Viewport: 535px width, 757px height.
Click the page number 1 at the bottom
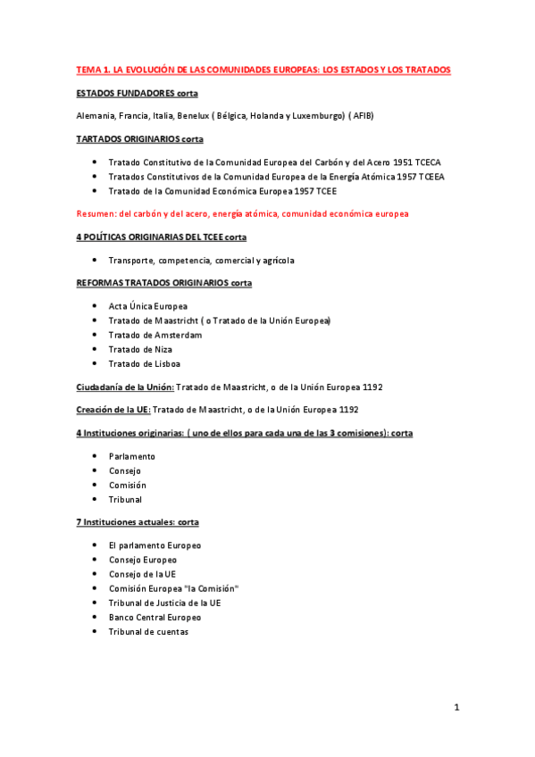(x=456, y=709)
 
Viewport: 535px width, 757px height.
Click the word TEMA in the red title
(x=87, y=70)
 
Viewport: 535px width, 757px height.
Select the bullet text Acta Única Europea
(x=147, y=306)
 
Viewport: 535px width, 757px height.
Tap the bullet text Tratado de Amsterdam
(x=155, y=335)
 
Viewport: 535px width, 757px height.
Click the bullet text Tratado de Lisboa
(x=145, y=363)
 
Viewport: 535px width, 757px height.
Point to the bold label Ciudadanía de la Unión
(x=124, y=387)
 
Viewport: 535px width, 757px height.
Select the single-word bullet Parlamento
(x=131, y=456)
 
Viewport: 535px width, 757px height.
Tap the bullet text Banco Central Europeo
(x=155, y=617)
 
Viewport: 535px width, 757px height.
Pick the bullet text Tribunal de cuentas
(x=148, y=631)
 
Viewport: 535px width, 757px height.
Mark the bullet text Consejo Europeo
(x=142, y=560)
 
